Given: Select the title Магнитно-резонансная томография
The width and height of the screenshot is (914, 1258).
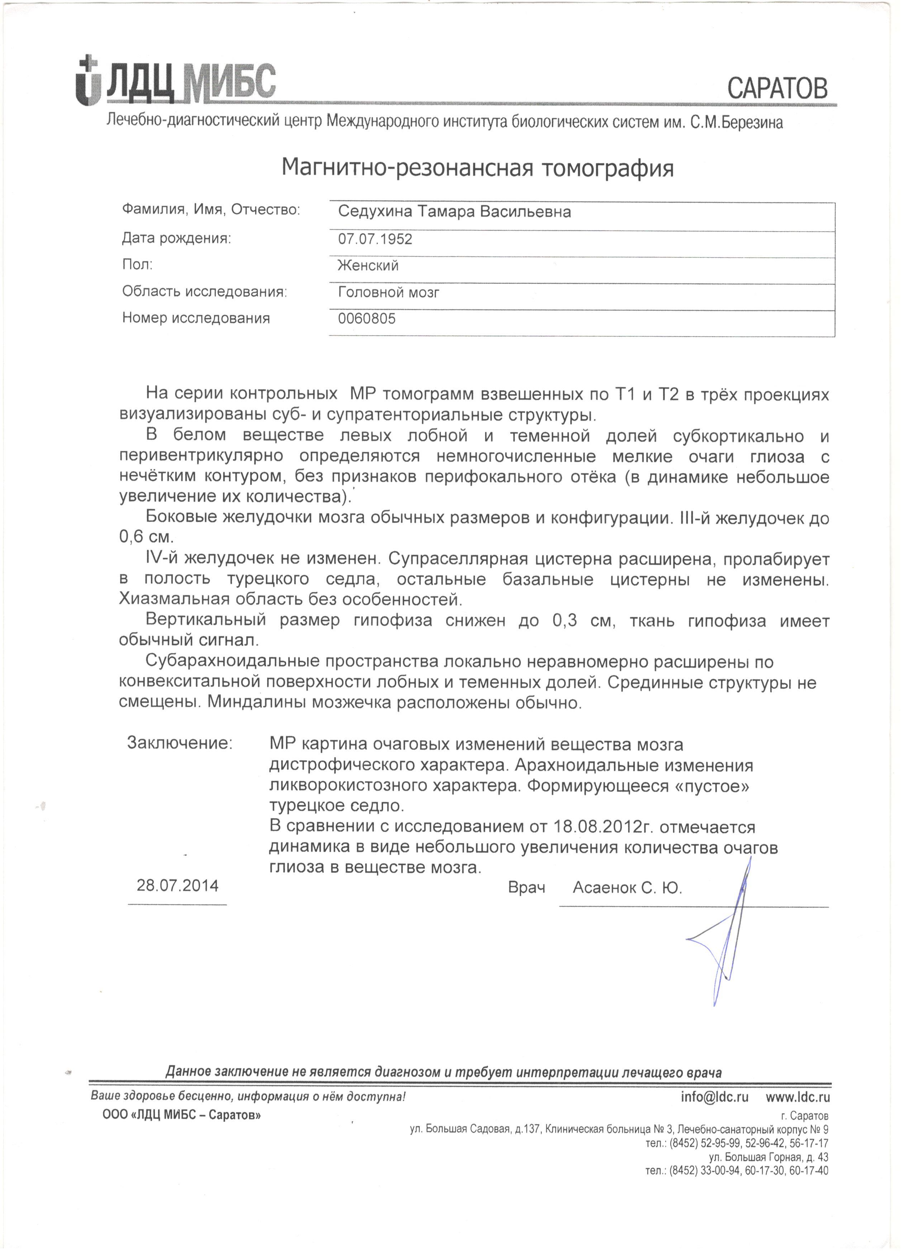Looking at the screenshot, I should tap(478, 167).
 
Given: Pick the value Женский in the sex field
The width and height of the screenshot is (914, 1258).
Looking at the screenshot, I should tap(368, 266).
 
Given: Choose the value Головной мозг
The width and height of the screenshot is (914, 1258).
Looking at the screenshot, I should tap(389, 292).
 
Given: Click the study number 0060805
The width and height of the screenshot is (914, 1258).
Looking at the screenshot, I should tap(367, 319).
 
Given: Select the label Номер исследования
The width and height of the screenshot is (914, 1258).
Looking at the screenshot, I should tap(196, 319).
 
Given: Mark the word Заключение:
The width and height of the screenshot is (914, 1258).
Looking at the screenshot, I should tap(180, 743).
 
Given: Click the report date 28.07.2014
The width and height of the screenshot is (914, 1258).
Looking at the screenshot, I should tap(177, 885).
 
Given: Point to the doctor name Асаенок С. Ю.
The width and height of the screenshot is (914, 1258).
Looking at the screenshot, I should tap(627, 888).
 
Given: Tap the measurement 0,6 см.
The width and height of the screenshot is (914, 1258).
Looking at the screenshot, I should tap(146, 537).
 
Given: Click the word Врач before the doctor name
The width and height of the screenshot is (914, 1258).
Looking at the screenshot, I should tap(526, 888).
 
